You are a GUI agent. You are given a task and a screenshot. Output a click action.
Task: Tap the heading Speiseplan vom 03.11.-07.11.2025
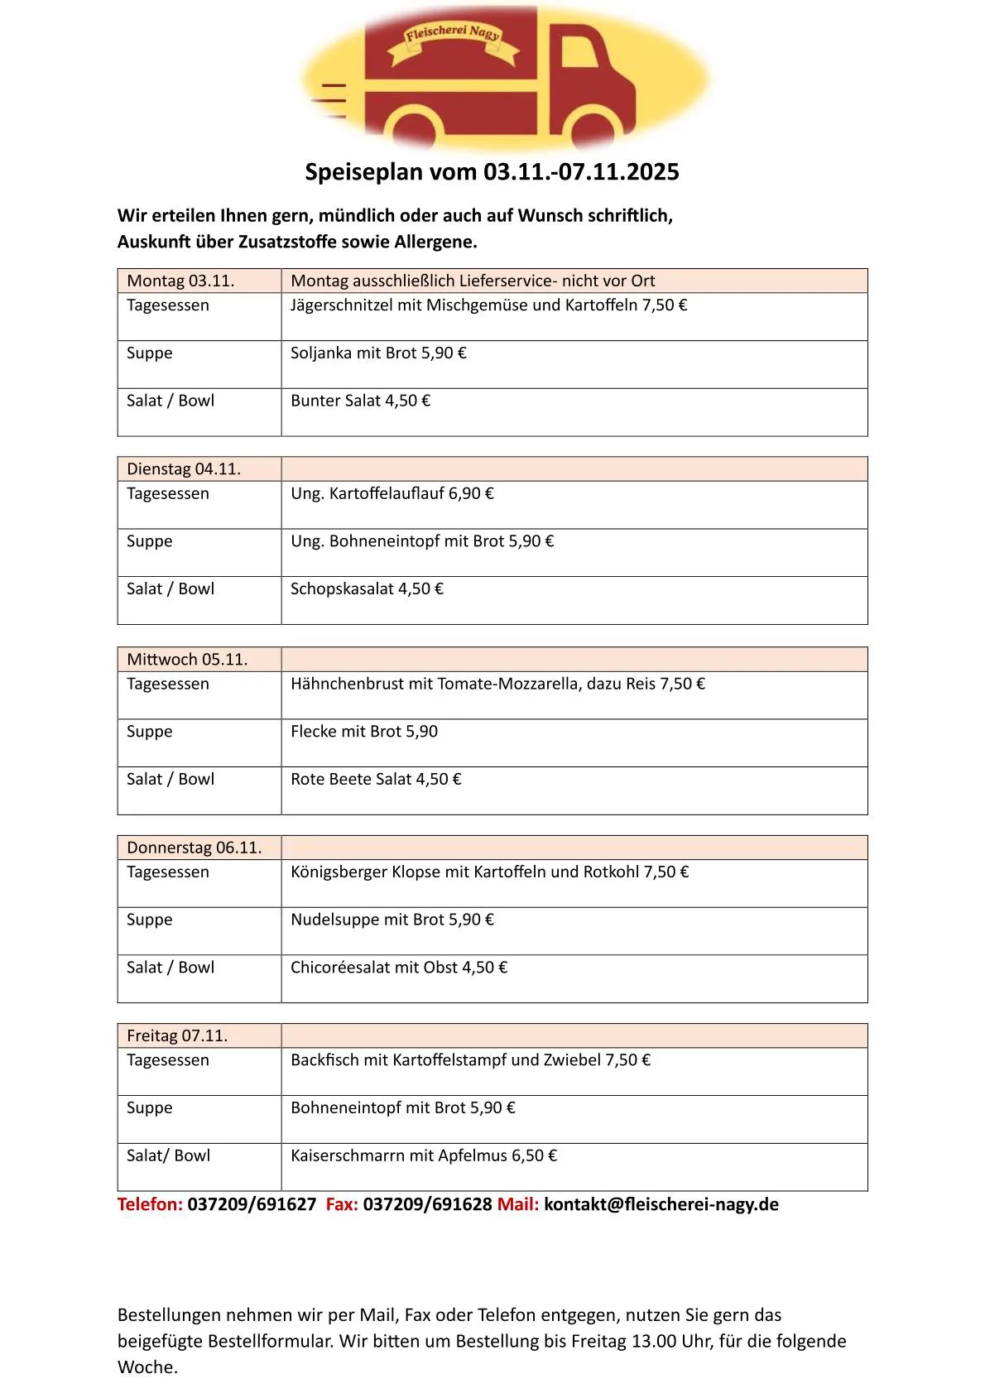coord(492,172)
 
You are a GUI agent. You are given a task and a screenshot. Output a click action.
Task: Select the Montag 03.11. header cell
coord(180,281)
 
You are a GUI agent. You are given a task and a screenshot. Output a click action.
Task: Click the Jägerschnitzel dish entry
coord(488,305)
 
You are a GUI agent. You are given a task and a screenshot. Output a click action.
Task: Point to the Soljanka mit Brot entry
coord(378,353)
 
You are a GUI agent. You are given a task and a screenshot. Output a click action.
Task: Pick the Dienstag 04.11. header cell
coord(184,469)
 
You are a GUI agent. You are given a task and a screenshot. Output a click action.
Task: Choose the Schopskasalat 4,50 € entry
coord(367,589)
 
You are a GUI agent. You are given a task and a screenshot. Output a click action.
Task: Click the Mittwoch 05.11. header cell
coord(187,660)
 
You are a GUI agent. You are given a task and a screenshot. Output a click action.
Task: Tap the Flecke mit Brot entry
coord(363,732)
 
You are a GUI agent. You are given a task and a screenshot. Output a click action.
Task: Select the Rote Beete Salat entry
coord(376,780)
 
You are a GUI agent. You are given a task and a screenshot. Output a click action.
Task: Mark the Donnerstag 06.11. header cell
coord(194,848)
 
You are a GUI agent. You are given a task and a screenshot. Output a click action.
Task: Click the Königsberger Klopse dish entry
coord(489,872)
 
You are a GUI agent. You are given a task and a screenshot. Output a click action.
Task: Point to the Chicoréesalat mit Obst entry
coord(398,968)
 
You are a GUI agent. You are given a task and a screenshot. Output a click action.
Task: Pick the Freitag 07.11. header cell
coord(177,1036)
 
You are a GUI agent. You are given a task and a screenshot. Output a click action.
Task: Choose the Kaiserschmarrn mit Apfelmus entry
coord(423,1156)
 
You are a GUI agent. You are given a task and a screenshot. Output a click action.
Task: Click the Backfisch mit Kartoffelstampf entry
coord(470,1060)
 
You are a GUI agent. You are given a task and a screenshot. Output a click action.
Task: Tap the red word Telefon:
coord(150,1205)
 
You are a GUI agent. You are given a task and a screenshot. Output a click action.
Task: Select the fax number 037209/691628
coord(427,1205)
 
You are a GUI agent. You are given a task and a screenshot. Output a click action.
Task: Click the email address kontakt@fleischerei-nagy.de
coord(661,1205)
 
